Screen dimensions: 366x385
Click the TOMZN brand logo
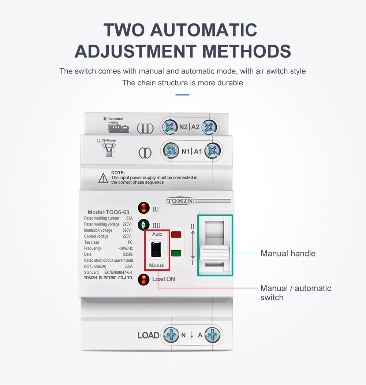180,201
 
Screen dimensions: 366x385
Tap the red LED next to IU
144,208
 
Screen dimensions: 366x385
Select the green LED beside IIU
143,225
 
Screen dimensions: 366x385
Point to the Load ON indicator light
144,280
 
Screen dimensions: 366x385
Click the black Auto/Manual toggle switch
156,249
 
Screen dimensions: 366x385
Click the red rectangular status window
176,235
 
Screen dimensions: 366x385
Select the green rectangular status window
176,253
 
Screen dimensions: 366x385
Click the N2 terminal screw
169,127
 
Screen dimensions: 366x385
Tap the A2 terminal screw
209,127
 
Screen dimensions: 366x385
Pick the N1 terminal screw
171,150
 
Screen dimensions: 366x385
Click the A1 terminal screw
213,150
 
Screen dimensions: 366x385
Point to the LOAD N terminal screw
171,335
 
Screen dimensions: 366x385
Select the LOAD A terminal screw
213,335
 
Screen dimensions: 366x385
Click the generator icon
119,128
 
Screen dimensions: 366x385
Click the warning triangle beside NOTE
103,178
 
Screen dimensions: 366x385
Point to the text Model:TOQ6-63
108,212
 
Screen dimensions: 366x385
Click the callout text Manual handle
288,253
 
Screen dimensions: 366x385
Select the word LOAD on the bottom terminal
148,335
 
